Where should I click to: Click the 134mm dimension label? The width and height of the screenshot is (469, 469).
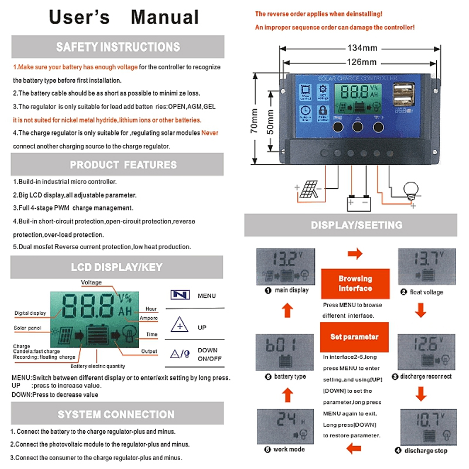(362, 48)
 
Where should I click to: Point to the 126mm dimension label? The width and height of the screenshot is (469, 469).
(362, 62)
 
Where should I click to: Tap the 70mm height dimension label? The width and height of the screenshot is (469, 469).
(254, 121)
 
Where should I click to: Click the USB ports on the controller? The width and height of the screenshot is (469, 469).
(403, 94)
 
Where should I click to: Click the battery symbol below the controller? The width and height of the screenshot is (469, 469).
(359, 203)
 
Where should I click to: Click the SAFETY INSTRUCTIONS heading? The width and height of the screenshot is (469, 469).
(118, 47)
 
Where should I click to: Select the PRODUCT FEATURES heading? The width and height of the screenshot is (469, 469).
(123, 165)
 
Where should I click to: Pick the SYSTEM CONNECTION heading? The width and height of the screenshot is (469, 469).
(116, 414)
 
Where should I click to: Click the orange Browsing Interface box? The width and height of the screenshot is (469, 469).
(355, 284)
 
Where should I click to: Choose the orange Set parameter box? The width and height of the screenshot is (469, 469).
(355, 337)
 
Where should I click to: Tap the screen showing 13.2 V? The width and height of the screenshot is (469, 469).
(286, 267)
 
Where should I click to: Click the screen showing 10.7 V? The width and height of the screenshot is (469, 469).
(429, 427)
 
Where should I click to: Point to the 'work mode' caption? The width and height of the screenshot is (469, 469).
(289, 449)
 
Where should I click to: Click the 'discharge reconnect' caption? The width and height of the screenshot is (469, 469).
(426, 376)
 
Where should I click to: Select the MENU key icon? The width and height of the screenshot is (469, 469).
(180, 295)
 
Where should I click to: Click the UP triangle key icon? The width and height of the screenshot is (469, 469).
(179, 324)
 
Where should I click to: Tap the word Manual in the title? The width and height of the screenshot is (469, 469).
(165, 17)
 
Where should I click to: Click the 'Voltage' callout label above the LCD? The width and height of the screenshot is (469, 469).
(91, 283)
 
